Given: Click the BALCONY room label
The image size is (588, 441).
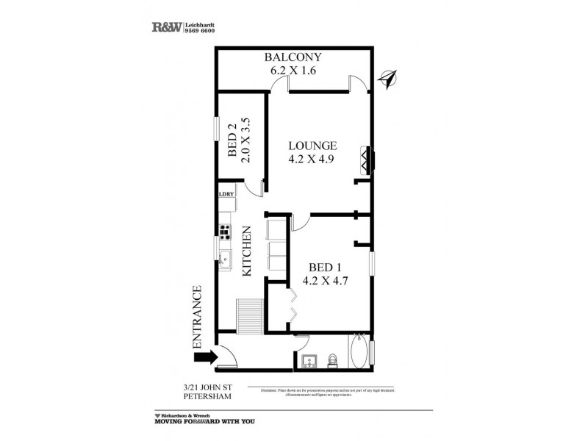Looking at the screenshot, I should click(294, 58).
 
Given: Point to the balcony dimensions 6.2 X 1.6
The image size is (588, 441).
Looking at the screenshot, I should click(294, 72).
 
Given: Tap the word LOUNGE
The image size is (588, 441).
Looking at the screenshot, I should click(312, 145).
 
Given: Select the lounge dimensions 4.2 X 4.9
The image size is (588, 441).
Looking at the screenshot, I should click(312, 159).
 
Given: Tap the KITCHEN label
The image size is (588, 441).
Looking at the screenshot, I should click(248, 251).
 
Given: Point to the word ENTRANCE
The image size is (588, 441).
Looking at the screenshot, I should click(196, 317).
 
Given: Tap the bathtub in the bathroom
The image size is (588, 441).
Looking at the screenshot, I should click(359, 354).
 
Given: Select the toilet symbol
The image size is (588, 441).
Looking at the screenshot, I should click(333, 360).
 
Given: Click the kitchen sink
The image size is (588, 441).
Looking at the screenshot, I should click(224, 259).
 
